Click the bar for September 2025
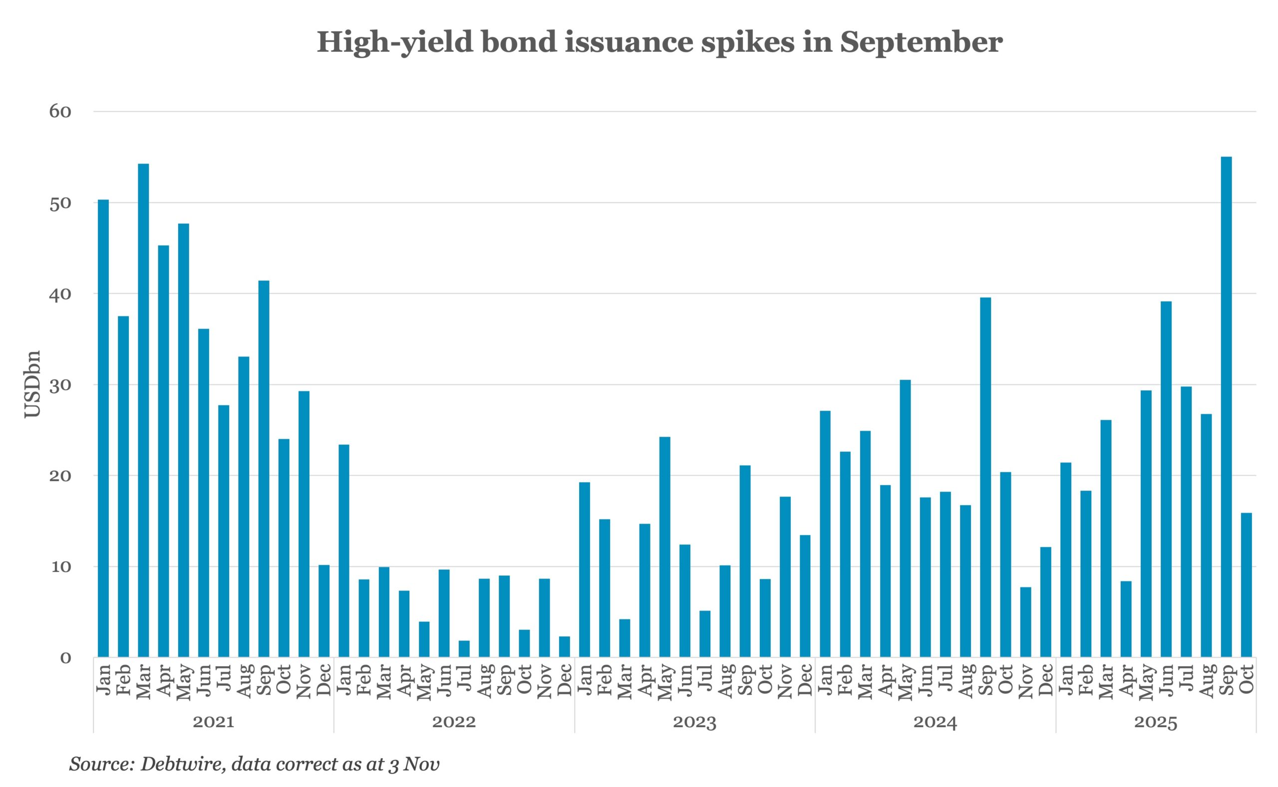click(1226, 407)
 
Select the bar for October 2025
click(1246, 585)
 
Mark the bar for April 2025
click(1126, 619)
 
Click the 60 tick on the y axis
click(60, 111)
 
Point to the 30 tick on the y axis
click(60, 385)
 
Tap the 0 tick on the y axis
click(65, 658)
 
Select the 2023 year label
click(694, 723)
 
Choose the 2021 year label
click(214, 723)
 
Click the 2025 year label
click(1156, 723)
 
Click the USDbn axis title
click(33, 384)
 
